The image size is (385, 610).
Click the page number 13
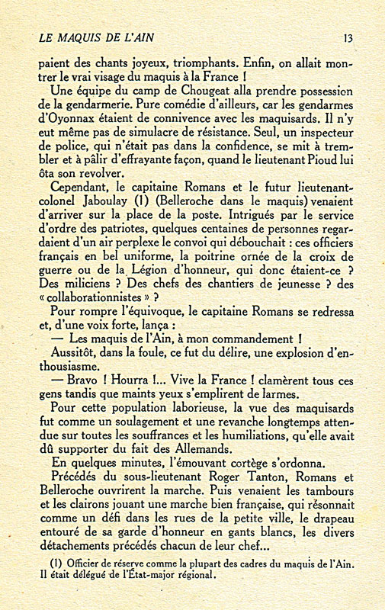(x=348, y=37)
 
